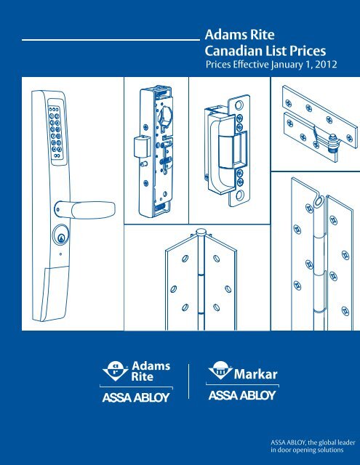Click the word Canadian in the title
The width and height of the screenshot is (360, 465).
click(x=233, y=51)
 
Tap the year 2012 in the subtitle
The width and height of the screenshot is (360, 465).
click(x=326, y=65)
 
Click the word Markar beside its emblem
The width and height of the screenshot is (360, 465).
click(x=255, y=374)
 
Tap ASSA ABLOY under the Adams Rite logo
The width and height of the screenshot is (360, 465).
click(x=136, y=397)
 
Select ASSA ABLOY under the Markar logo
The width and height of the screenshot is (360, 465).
click(x=242, y=395)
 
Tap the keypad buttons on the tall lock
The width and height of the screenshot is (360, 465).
click(x=55, y=132)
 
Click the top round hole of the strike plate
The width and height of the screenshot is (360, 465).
click(x=239, y=105)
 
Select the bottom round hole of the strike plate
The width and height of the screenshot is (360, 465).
click(x=240, y=195)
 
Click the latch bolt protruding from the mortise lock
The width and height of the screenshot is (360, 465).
click(x=140, y=146)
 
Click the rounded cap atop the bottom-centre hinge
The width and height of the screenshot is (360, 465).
click(x=201, y=232)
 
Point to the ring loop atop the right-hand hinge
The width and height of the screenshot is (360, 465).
click(x=319, y=202)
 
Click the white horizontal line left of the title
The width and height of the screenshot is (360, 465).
click(x=111, y=39)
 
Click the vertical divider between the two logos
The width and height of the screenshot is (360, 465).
click(x=189, y=381)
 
